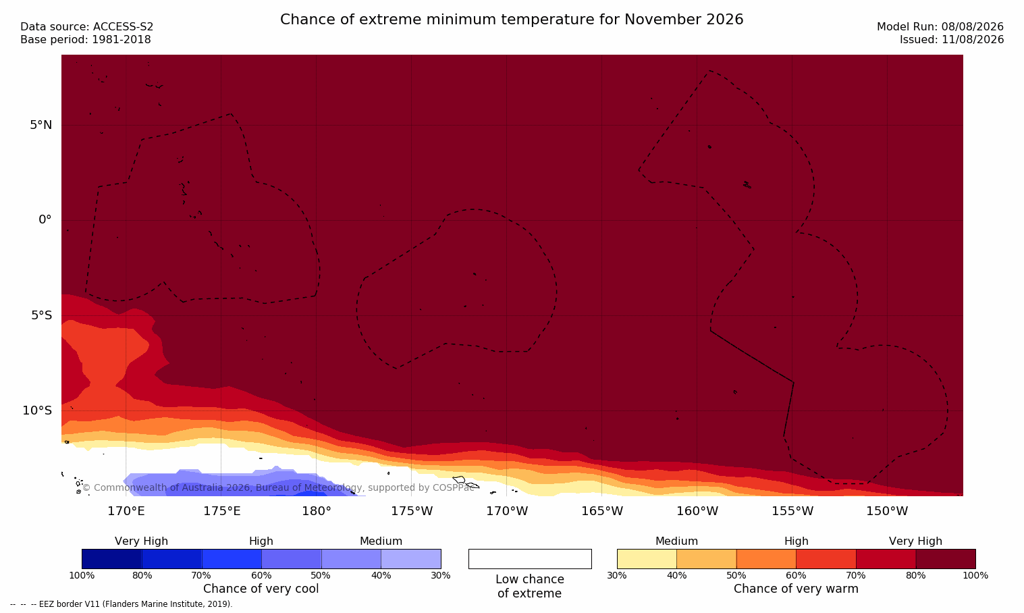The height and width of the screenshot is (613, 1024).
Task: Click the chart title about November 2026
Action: (x=512, y=20)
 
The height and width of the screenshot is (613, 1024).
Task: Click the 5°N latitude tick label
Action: (x=41, y=125)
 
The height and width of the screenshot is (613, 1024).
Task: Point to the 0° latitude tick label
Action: (x=45, y=220)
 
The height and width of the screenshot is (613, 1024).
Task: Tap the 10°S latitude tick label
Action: (x=38, y=410)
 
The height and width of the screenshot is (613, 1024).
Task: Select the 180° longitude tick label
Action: (x=317, y=511)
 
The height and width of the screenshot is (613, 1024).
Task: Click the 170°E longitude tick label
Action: (x=126, y=511)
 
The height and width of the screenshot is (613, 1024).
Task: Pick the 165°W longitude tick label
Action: (x=602, y=511)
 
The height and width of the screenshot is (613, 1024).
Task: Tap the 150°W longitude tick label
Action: (x=888, y=511)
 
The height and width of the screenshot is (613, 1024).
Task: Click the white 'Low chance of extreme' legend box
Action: (x=530, y=558)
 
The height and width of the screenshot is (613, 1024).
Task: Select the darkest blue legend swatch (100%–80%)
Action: (x=112, y=558)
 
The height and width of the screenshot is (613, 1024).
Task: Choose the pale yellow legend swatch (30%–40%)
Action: (x=647, y=558)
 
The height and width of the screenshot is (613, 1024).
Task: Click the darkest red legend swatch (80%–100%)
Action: (x=946, y=558)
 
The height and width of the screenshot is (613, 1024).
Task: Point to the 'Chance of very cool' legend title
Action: (x=261, y=589)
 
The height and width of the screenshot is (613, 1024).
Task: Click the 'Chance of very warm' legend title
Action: (x=796, y=589)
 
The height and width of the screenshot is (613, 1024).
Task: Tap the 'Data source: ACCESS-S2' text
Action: (x=87, y=27)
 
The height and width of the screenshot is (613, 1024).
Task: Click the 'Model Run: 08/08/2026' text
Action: (x=940, y=27)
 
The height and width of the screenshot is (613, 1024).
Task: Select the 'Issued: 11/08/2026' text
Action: (x=952, y=40)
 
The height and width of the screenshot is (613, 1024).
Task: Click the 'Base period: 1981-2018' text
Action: (x=86, y=40)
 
